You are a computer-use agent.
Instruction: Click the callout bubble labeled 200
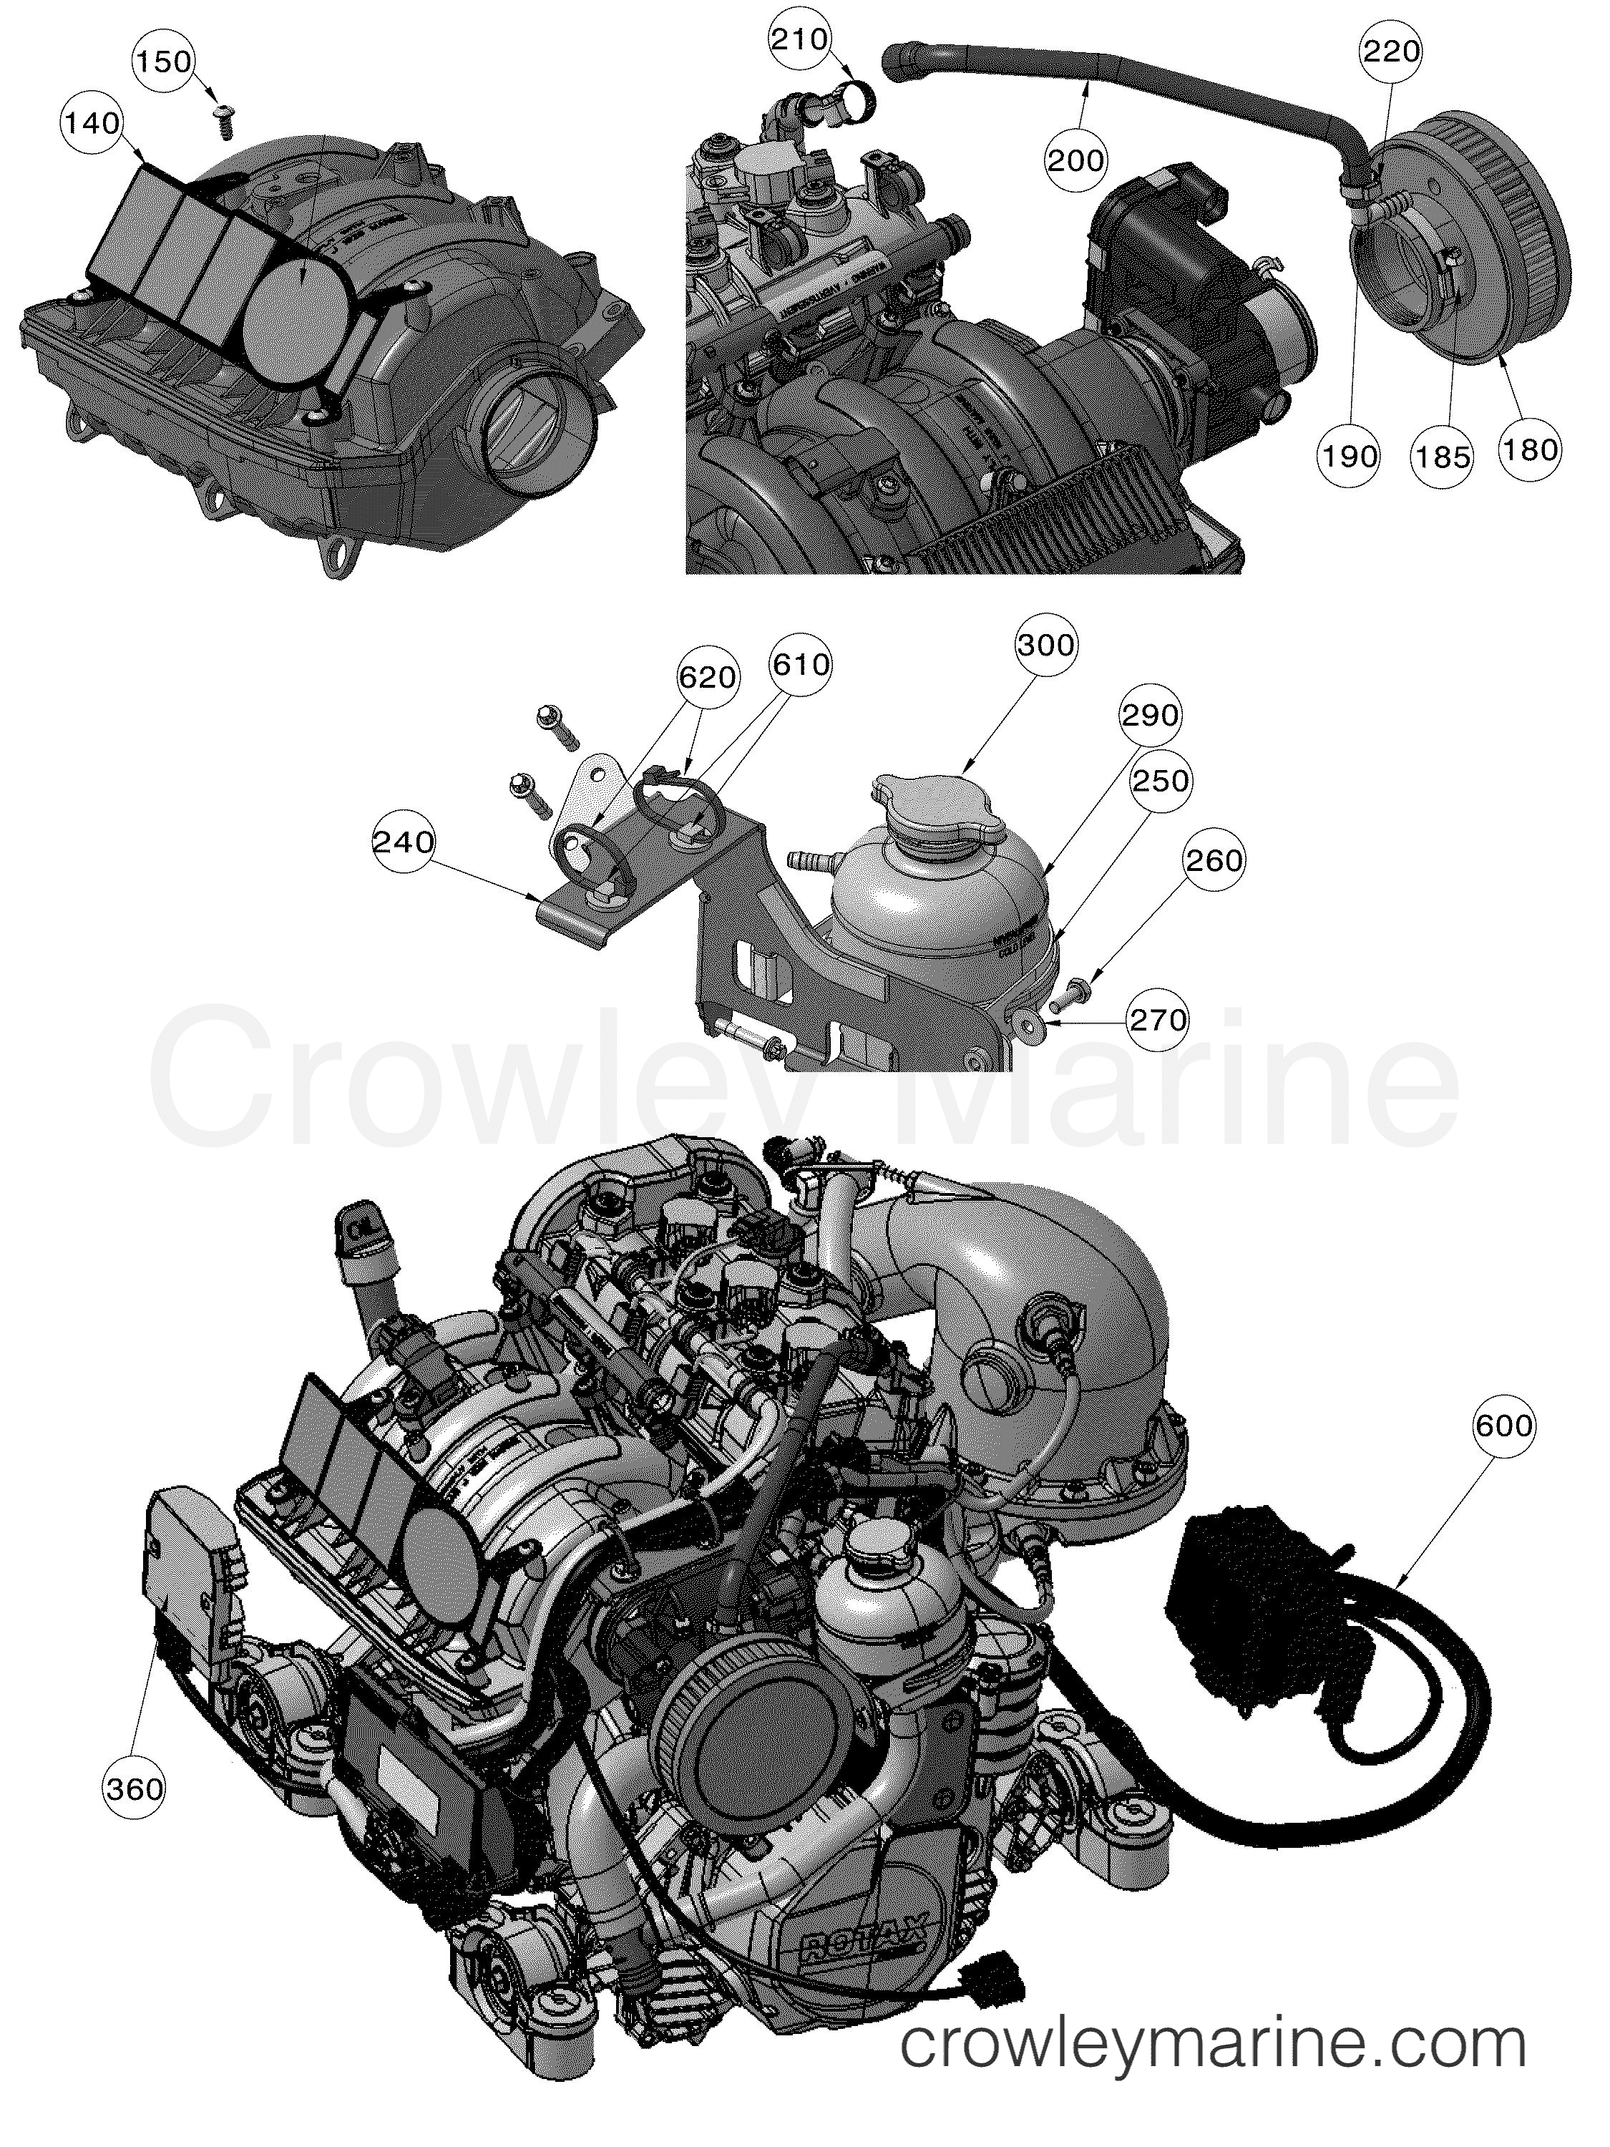pos(1076,158)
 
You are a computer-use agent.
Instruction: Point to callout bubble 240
pos(404,842)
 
